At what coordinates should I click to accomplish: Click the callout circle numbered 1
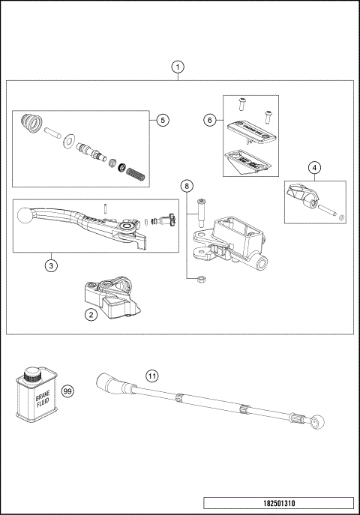tap(178, 67)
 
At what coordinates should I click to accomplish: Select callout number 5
tap(163, 120)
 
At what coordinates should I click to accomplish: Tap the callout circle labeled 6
tap(210, 119)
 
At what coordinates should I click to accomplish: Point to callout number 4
tap(315, 167)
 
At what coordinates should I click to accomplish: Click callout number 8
tap(186, 184)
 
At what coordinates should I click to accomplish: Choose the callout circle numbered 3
tap(50, 265)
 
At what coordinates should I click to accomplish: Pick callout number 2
tap(91, 315)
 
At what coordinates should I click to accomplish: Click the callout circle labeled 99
tap(67, 391)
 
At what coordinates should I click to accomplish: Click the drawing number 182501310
tap(277, 503)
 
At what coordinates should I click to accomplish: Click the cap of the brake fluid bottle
tap(32, 372)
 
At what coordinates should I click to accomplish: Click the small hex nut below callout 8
tap(201, 280)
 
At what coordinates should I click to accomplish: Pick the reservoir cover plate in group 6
tap(250, 128)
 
